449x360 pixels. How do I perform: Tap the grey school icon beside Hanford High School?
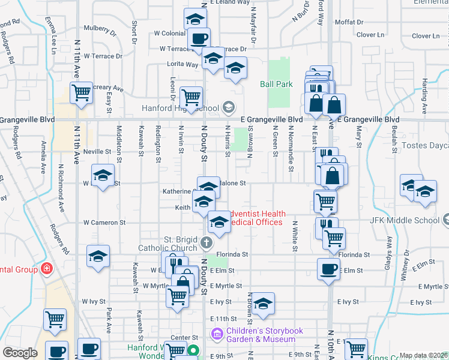click(x=228, y=108)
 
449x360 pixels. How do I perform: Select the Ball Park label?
click(x=276, y=85)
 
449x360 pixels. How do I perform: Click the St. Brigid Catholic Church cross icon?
click(x=206, y=242)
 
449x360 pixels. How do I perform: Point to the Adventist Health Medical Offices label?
click(x=254, y=218)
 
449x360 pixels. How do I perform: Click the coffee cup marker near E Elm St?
click(x=328, y=269)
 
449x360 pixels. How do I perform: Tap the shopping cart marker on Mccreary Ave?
click(x=81, y=92)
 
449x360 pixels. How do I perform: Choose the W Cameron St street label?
click(x=104, y=222)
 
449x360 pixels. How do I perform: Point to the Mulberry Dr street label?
click(x=100, y=28)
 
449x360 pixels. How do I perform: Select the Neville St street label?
click(x=98, y=151)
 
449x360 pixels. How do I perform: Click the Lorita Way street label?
click(x=183, y=64)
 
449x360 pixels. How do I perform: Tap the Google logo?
click(x=20, y=353)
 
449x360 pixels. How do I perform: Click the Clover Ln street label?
click(x=372, y=35)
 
